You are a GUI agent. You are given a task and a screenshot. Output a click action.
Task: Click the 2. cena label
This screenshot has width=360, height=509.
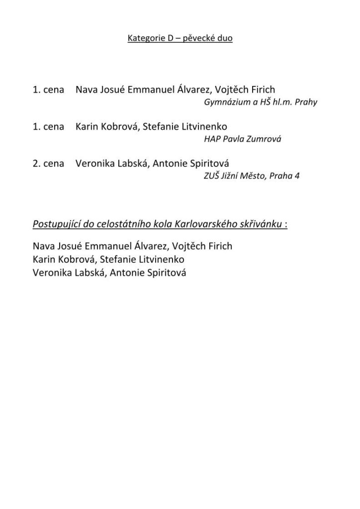pyautogui.click(x=48, y=164)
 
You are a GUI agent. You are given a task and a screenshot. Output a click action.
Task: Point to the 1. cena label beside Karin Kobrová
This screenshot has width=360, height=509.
pyautogui.click(x=48, y=127)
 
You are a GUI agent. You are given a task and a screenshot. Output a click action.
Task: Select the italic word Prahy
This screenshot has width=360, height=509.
pyautogui.click(x=306, y=103)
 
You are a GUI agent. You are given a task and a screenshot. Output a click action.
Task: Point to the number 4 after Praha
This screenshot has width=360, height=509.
pyautogui.click(x=297, y=176)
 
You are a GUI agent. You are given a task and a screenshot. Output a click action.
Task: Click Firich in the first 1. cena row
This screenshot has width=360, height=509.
pyautogui.click(x=261, y=90)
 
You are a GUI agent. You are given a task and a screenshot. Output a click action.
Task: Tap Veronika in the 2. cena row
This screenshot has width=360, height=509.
pyautogui.click(x=93, y=164)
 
